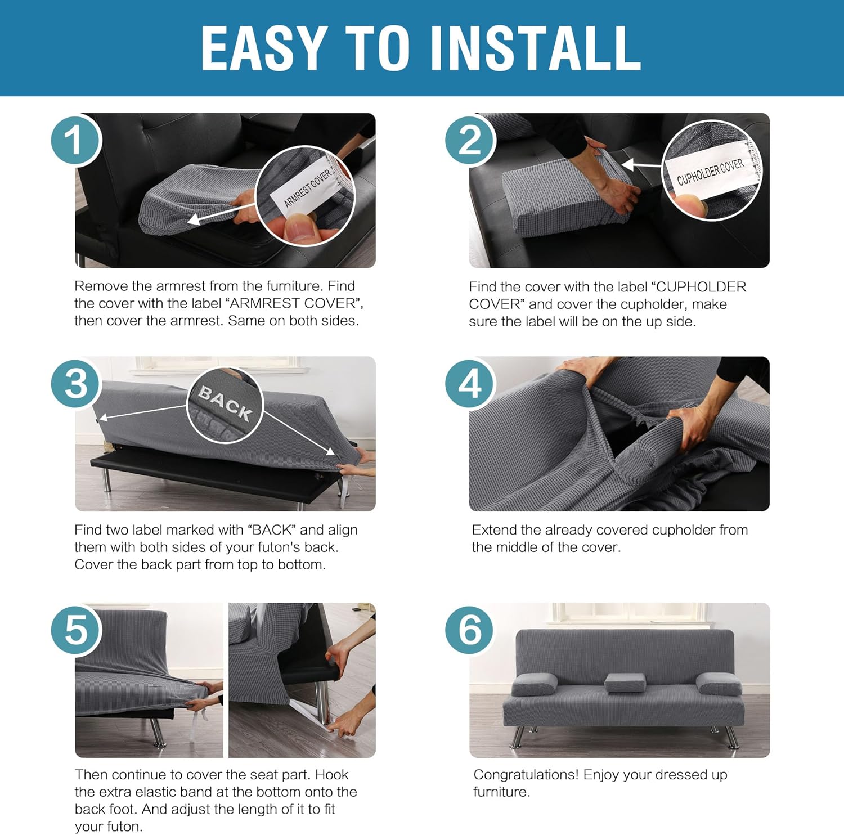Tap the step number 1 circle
(x=75, y=140)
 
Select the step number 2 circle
(x=470, y=140)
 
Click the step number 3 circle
(x=75, y=384)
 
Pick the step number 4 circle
(x=470, y=384)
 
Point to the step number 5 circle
(x=75, y=630)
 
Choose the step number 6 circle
(x=470, y=630)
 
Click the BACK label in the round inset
(x=225, y=403)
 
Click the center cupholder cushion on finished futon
(x=625, y=683)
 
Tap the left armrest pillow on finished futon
(x=534, y=684)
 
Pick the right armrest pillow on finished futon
(x=719, y=683)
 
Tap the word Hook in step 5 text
(x=331, y=775)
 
